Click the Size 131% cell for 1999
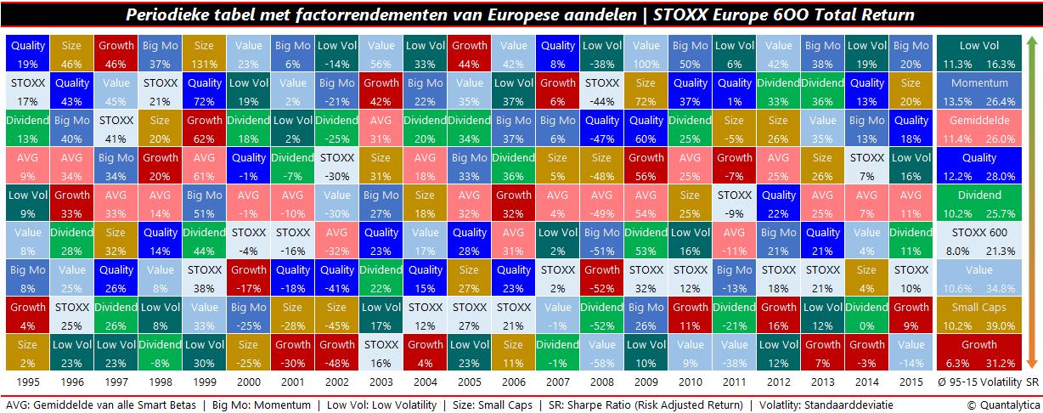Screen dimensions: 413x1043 [x=203, y=54]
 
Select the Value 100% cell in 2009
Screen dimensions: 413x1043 [x=646, y=54]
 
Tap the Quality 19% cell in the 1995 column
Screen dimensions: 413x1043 [x=26, y=54]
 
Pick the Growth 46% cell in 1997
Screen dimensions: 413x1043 [x=115, y=54]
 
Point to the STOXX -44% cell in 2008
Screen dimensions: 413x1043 [x=601, y=91]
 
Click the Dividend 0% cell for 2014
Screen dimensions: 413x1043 [x=867, y=315]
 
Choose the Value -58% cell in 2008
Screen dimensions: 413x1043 [x=601, y=353]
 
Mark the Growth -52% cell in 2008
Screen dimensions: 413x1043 [x=601, y=278]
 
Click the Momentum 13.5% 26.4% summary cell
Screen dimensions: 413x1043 [x=978, y=91]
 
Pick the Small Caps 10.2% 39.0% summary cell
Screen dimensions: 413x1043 [x=978, y=315]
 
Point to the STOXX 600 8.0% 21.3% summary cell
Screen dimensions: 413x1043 [x=978, y=240]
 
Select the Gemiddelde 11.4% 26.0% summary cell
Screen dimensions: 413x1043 [x=978, y=128]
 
